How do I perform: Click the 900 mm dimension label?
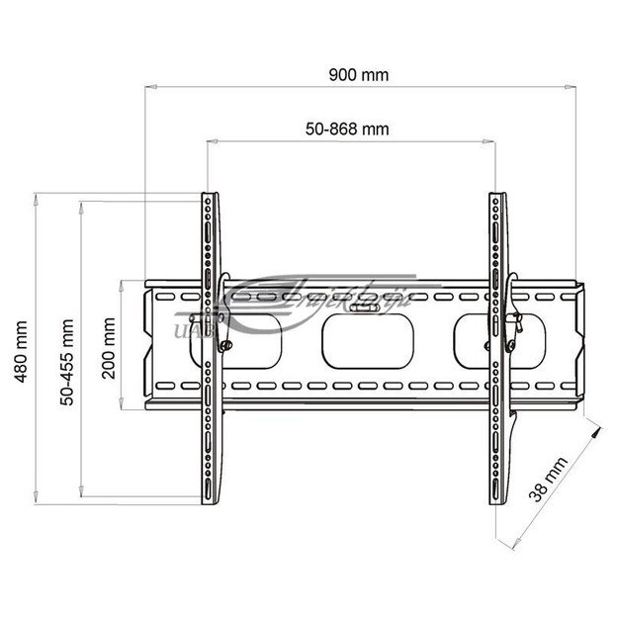(x=361, y=74)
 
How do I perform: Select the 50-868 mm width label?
(x=346, y=130)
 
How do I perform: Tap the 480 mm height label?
(x=21, y=344)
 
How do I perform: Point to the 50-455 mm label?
(x=67, y=346)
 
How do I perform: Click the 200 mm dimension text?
(x=108, y=345)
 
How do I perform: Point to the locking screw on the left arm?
(x=228, y=345)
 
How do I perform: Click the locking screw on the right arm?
(x=514, y=345)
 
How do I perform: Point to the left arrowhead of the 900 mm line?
(x=147, y=86)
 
